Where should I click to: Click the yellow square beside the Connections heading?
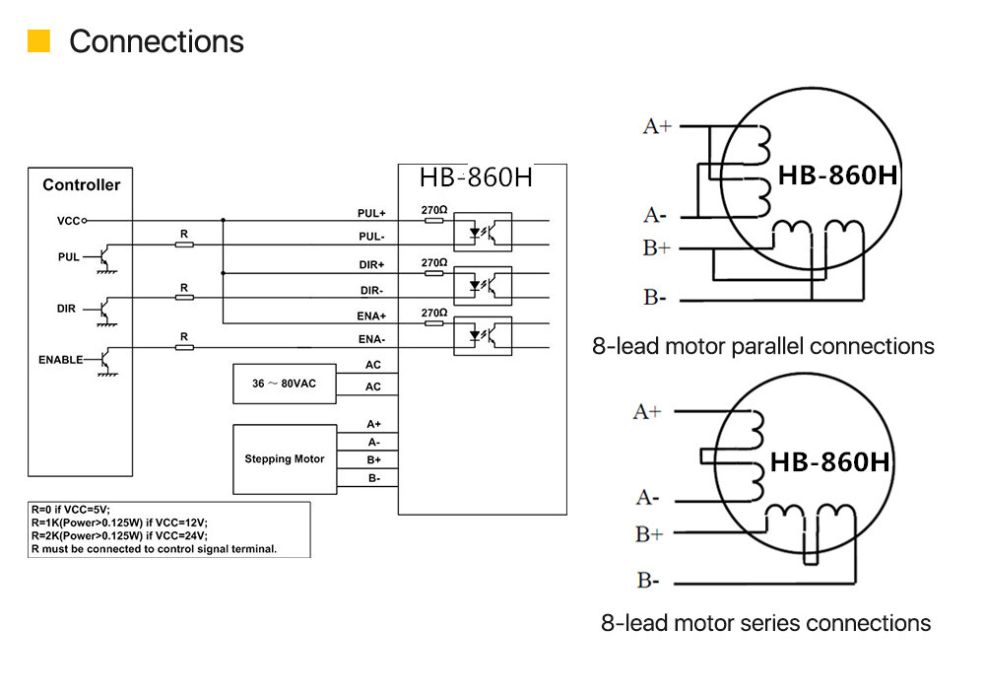coord(38,41)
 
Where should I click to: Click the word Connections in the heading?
coord(157,41)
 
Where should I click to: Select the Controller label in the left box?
coord(81,184)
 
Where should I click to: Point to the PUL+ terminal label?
coord(371,213)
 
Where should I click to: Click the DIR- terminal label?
coord(371,290)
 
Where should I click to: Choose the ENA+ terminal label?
coord(371,315)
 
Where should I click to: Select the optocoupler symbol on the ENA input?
coord(483,335)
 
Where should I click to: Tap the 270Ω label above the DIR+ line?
coord(434,263)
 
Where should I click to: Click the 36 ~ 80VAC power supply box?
coord(284,384)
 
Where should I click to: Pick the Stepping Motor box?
coord(284,458)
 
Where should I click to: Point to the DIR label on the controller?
coord(66,309)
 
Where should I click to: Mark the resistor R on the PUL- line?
coord(183,244)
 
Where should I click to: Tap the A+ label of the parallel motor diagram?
coord(657,126)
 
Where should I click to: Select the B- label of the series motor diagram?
coord(647,581)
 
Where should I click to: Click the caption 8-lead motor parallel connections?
coord(762,346)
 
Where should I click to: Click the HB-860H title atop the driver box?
coord(476,177)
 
